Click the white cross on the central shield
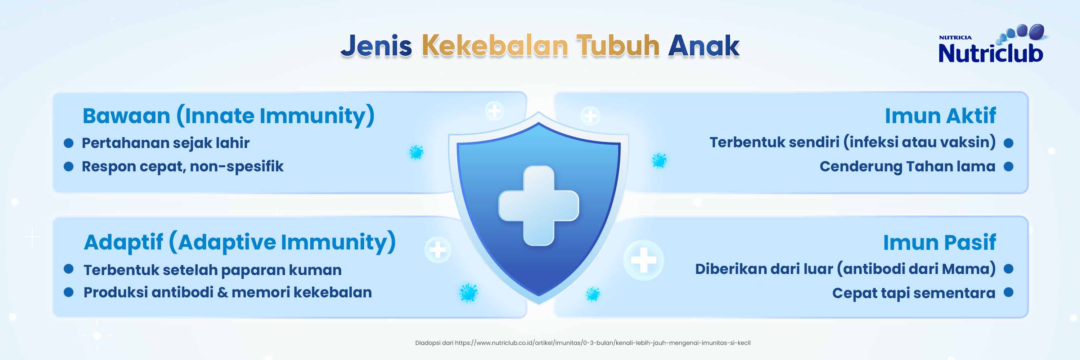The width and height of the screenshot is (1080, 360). [539, 205]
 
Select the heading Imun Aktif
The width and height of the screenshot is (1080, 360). [940, 116]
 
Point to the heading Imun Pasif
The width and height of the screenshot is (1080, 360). [939, 242]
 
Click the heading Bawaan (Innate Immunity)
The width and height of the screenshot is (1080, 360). [229, 116]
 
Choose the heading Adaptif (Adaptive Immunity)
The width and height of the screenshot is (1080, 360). [240, 242]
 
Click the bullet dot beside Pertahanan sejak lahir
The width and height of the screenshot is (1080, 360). [69, 143]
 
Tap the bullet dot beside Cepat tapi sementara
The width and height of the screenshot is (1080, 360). [1009, 293]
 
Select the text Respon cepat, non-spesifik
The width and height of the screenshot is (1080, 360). [183, 167]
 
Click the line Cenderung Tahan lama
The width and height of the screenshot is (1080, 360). [907, 167]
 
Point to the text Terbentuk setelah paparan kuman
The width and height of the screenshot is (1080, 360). [212, 270]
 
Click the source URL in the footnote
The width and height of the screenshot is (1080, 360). [603, 343]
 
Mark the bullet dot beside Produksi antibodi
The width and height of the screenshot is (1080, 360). [69, 292]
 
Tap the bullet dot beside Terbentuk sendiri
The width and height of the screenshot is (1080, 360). [1009, 143]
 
